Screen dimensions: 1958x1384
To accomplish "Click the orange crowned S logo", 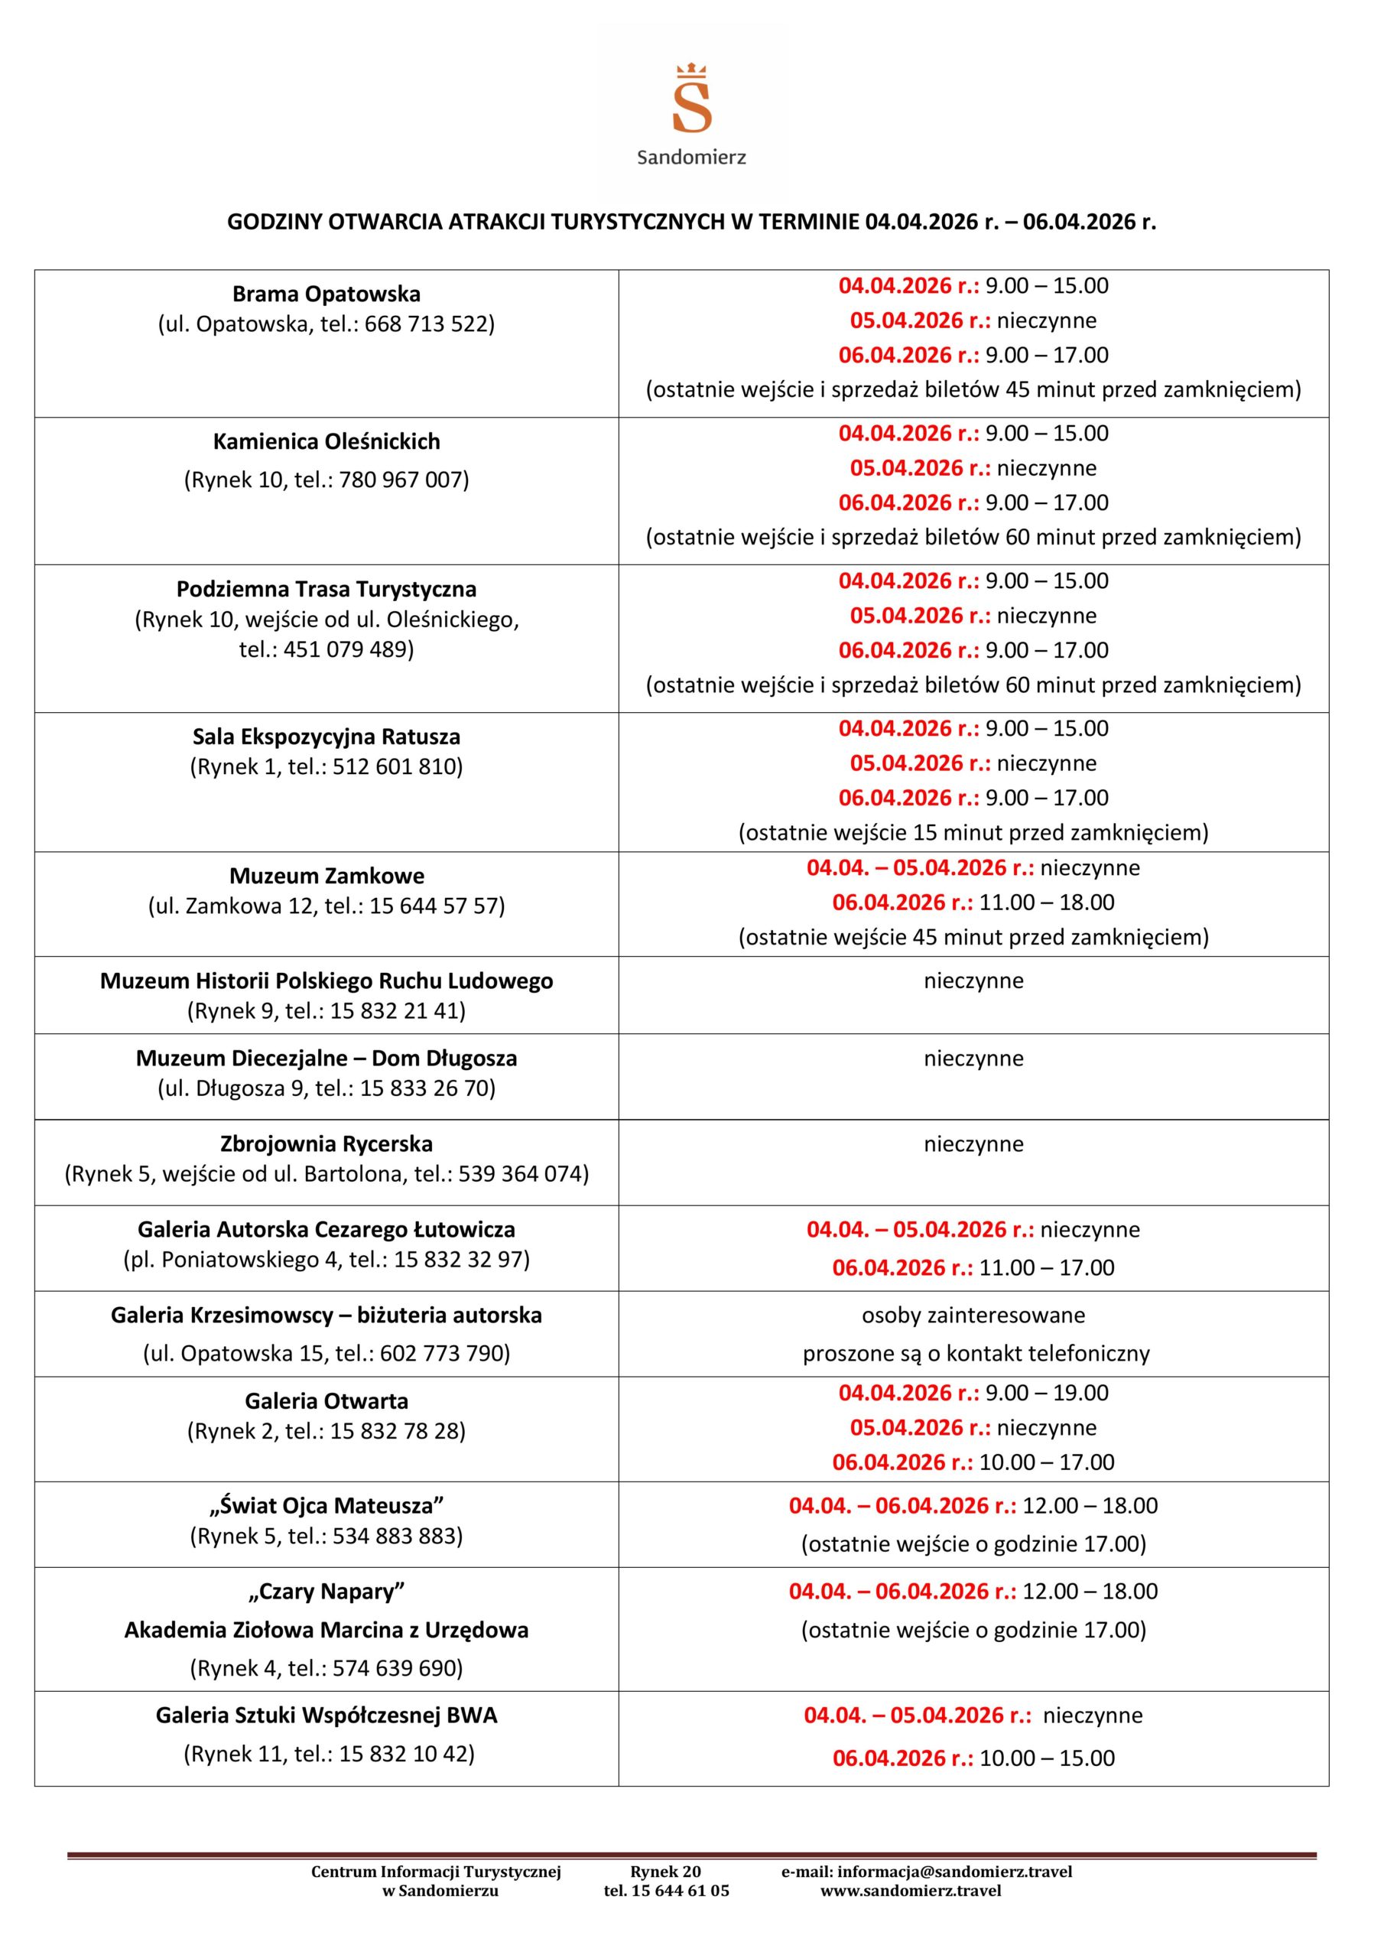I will click(691, 99).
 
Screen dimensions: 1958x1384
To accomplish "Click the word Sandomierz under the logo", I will click(691, 158).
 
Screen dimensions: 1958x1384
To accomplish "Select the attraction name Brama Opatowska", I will click(327, 294).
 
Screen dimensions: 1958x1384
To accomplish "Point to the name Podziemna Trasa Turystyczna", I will click(327, 589).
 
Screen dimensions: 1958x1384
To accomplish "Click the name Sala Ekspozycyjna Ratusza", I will click(327, 737).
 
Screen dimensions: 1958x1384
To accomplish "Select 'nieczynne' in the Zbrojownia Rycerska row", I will click(973, 1144).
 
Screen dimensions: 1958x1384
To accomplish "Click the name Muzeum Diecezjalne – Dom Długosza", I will click(327, 1059).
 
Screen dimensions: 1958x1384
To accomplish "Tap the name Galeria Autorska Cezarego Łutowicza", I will click(327, 1230).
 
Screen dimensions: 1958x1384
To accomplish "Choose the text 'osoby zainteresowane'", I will click(973, 1315).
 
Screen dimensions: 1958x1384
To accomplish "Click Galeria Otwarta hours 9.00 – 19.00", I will click(1046, 1394).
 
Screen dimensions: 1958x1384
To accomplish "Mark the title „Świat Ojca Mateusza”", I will click(327, 1506).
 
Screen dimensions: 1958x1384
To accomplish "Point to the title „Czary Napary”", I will click(327, 1592).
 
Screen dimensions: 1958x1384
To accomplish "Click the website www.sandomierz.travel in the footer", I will click(911, 1891).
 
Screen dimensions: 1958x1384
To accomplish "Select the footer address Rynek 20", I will click(665, 1872).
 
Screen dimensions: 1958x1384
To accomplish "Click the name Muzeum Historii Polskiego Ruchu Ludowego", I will click(327, 981).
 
